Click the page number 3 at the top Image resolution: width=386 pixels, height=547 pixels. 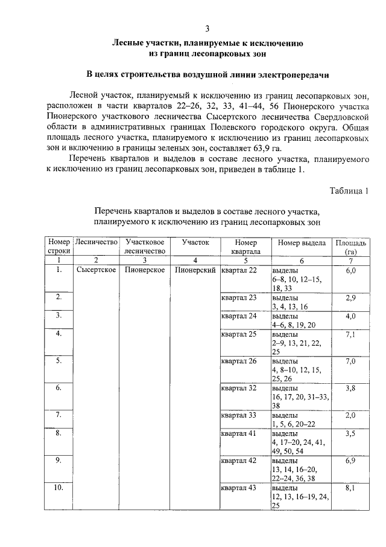(207, 28)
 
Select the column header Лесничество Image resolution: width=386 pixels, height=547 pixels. (96, 242)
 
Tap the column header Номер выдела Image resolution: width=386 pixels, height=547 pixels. (302, 242)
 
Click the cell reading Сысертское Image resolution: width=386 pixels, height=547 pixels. (96, 270)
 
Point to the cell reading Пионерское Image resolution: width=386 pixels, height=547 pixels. (145, 270)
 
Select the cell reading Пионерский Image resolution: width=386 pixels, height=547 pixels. (195, 270)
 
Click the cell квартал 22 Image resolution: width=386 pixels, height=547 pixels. (239, 270)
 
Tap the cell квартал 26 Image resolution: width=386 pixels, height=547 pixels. (239, 361)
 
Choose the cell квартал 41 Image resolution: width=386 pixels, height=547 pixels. (239, 433)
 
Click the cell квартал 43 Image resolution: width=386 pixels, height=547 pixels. (239, 488)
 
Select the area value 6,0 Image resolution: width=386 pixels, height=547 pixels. (350, 270)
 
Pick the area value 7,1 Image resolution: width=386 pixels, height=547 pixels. (350, 334)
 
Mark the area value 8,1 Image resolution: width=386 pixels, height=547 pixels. (350, 488)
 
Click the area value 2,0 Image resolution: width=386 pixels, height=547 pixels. (350, 415)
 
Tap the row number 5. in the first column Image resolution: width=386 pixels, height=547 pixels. (59, 361)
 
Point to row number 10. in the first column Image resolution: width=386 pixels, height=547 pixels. (59, 488)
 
